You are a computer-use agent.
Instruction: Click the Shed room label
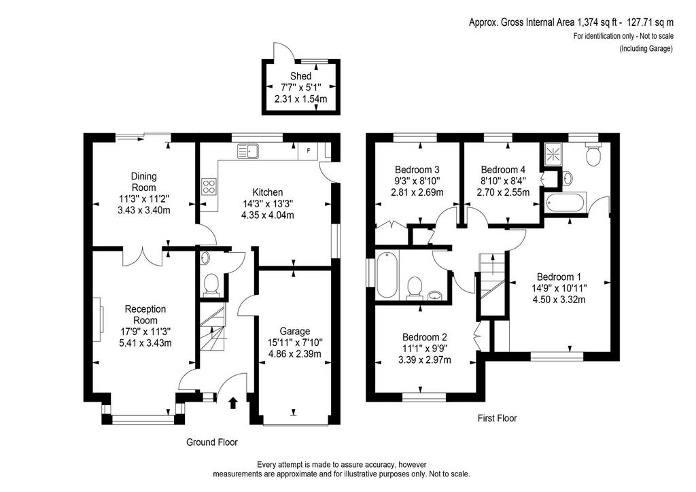pyautogui.click(x=300, y=76)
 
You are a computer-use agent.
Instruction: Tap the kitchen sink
pyautogui.click(x=249, y=152)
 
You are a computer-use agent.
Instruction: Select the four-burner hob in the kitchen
pyautogui.click(x=209, y=186)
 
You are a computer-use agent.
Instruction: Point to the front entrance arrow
pyautogui.click(x=232, y=403)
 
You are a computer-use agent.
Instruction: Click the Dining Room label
pyautogui.click(x=144, y=182)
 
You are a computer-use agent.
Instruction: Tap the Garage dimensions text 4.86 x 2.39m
pyautogui.click(x=295, y=354)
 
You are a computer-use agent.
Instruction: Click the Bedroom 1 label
pyautogui.click(x=559, y=277)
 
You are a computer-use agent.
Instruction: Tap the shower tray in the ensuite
pyautogui.click(x=552, y=154)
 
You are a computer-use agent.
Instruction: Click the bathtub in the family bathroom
pyautogui.click(x=387, y=275)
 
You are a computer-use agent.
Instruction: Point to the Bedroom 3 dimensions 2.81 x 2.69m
pyautogui.click(x=417, y=192)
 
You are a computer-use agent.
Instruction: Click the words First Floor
pyautogui.click(x=497, y=418)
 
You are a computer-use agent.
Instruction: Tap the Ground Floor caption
pyautogui.click(x=212, y=442)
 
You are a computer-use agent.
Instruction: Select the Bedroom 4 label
pyautogui.click(x=503, y=169)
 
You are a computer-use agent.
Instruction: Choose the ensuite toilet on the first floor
pyautogui.click(x=593, y=154)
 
